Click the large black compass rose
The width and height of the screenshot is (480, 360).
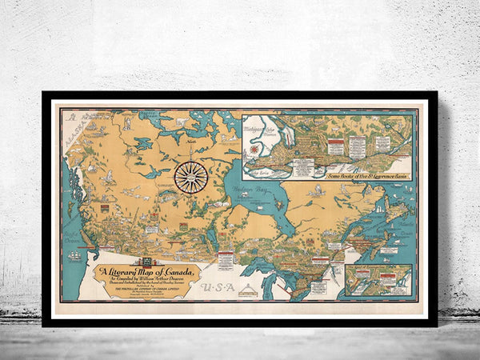point(191,177)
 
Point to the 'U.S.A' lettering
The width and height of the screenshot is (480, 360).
point(217,286)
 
